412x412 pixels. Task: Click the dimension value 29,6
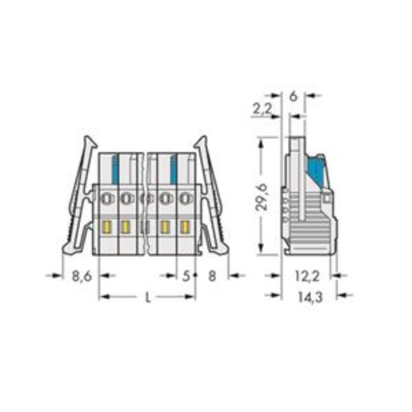[x=262, y=197]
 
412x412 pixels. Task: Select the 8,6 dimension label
[x=82, y=276]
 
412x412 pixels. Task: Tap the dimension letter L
[x=147, y=298]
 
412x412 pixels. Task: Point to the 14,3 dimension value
[x=310, y=297]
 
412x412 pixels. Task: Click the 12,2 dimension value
[x=307, y=276]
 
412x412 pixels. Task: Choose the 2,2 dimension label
[x=262, y=109]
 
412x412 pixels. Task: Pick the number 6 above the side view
[x=293, y=96]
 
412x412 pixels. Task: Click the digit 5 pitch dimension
[x=186, y=276]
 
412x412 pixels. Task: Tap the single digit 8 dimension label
[x=212, y=276]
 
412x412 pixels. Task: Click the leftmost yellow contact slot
[x=107, y=227]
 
